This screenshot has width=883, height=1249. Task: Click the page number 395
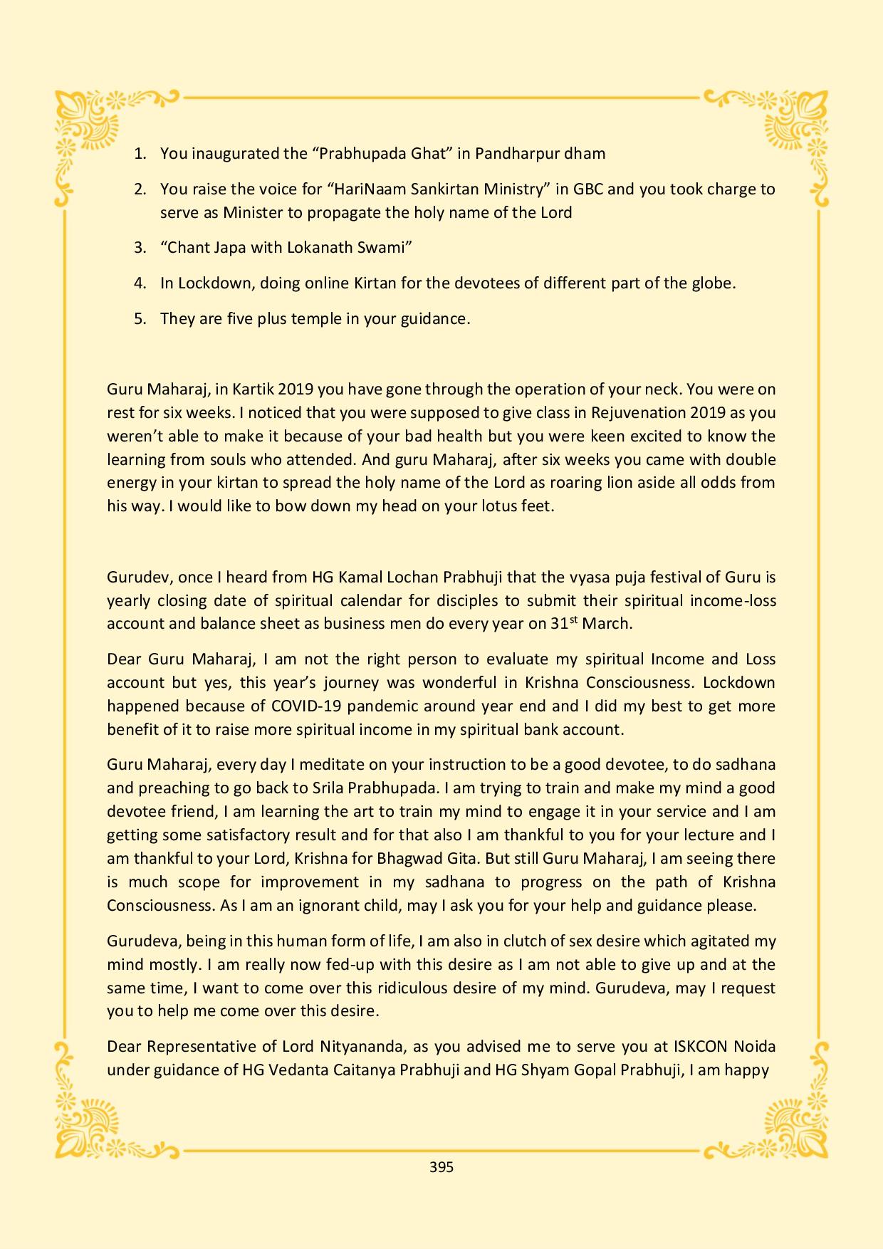[441, 1167]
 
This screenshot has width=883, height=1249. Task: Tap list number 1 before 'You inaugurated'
[140, 153]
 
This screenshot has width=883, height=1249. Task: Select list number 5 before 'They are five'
[140, 318]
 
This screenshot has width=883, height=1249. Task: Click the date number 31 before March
[559, 624]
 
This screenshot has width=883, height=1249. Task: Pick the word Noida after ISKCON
[755, 1047]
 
